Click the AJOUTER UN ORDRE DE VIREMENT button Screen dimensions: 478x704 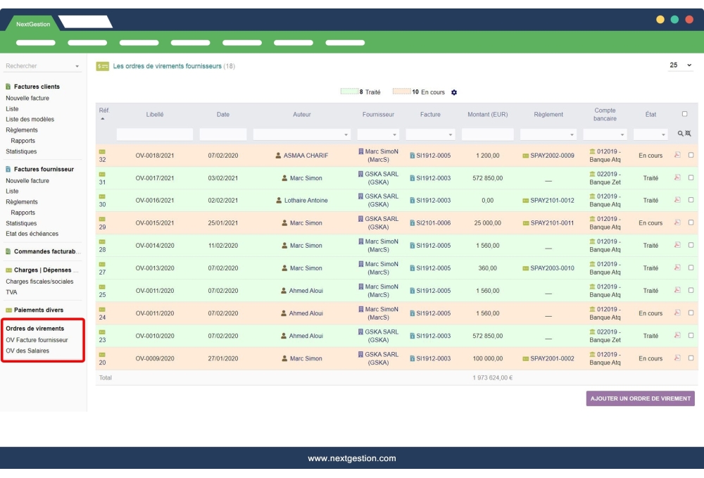(x=640, y=398)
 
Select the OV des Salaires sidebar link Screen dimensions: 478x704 (x=27, y=351)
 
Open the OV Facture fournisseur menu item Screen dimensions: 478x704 (x=37, y=339)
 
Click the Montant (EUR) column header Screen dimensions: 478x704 (x=487, y=114)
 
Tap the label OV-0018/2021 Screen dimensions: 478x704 (x=155, y=156)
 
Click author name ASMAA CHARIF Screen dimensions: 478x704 (x=306, y=156)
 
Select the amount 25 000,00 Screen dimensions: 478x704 (x=487, y=223)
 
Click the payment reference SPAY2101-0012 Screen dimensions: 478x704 (x=552, y=201)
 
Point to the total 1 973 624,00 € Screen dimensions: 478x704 (x=492, y=378)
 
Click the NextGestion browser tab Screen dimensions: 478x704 (x=33, y=24)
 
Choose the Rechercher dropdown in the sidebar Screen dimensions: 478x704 (x=43, y=66)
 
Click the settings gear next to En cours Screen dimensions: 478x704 (x=454, y=92)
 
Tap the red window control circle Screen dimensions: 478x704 (x=689, y=20)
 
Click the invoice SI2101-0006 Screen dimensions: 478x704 (x=433, y=223)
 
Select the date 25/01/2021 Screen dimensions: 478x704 (x=223, y=223)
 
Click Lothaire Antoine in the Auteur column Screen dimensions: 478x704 (x=306, y=201)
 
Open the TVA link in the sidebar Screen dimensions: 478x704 (x=11, y=292)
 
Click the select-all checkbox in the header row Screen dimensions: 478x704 (x=684, y=114)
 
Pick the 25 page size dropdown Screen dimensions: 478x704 (x=681, y=65)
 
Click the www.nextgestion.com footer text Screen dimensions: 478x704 (x=352, y=458)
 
